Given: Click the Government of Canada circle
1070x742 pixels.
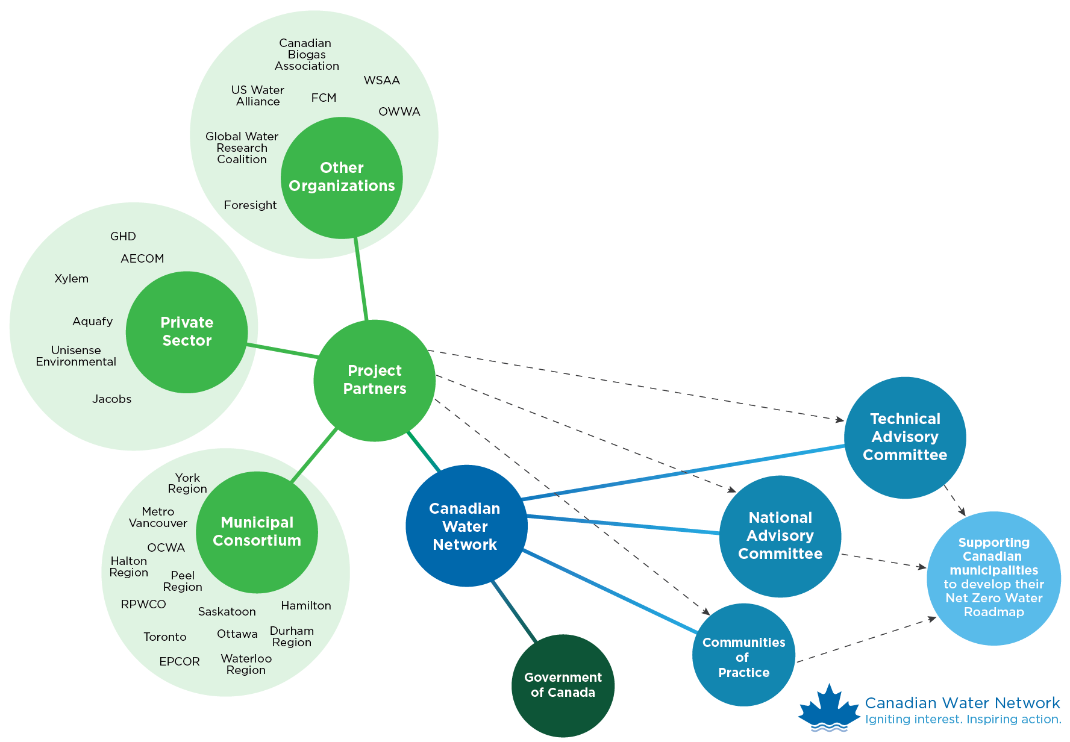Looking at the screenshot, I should point(563,685).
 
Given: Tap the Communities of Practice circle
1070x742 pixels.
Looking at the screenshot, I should point(743,655).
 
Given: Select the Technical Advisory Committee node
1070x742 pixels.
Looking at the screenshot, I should point(904,437).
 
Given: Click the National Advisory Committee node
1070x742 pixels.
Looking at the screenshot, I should point(780,536).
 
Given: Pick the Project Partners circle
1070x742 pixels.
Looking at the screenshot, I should point(374,380).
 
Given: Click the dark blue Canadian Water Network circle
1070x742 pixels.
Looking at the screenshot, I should point(466,526).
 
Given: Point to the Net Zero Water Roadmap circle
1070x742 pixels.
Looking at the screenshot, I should point(993,578).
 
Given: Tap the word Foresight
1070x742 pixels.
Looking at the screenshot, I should point(250,205).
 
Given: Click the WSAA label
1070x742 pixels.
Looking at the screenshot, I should point(381,81).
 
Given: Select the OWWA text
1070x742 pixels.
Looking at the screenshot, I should point(399,112).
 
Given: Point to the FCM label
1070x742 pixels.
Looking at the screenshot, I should point(324,98).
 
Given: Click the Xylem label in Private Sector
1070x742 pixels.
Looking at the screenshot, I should point(71,279).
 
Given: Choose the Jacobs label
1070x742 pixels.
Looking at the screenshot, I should point(111,399).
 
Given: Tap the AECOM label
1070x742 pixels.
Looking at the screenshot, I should point(142,259).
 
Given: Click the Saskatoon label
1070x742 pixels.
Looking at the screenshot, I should point(227,612).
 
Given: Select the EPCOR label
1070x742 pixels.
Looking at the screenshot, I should point(179,662).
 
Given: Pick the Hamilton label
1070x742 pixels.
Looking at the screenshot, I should point(305,606).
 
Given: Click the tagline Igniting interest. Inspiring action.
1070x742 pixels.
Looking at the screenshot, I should point(963,720).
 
